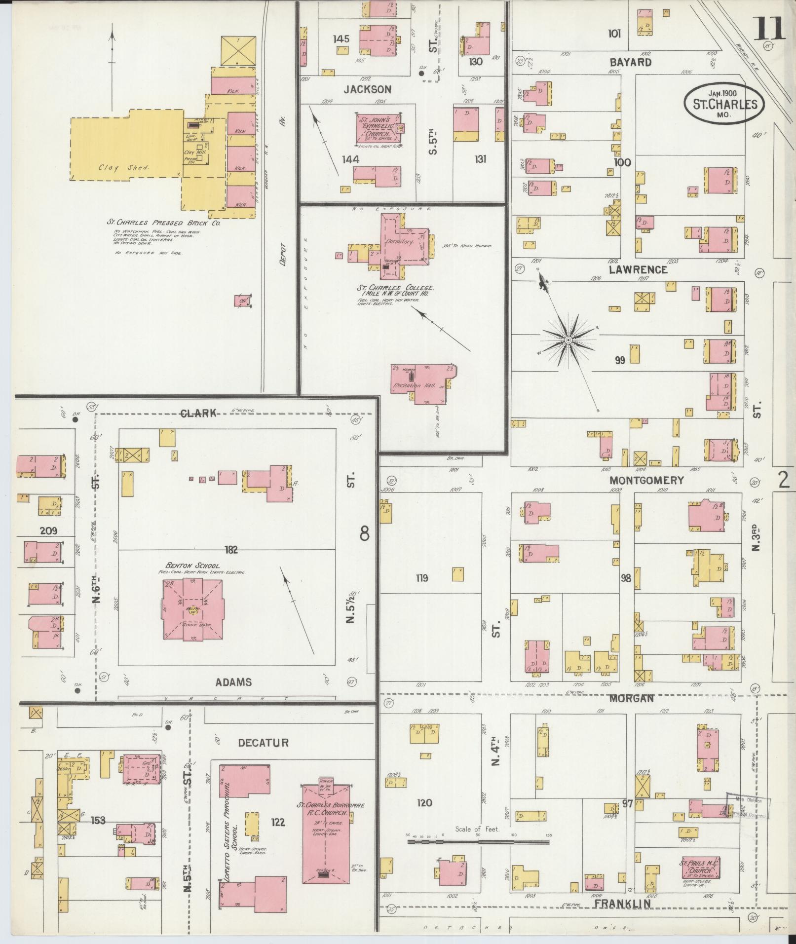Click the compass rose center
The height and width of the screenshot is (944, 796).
pyautogui.click(x=569, y=340)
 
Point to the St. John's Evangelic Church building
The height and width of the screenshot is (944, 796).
pyautogui.click(x=377, y=129)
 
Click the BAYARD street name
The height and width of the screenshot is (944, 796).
pyautogui.click(x=630, y=63)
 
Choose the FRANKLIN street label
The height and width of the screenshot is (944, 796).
pyautogui.click(x=623, y=903)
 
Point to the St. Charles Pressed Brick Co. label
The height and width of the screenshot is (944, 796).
pyautogui.click(x=164, y=223)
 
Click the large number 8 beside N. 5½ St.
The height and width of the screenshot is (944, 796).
pyautogui.click(x=364, y=533)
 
